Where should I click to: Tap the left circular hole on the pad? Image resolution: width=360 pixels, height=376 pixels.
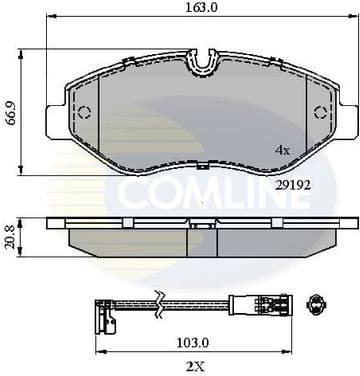[84, 112]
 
